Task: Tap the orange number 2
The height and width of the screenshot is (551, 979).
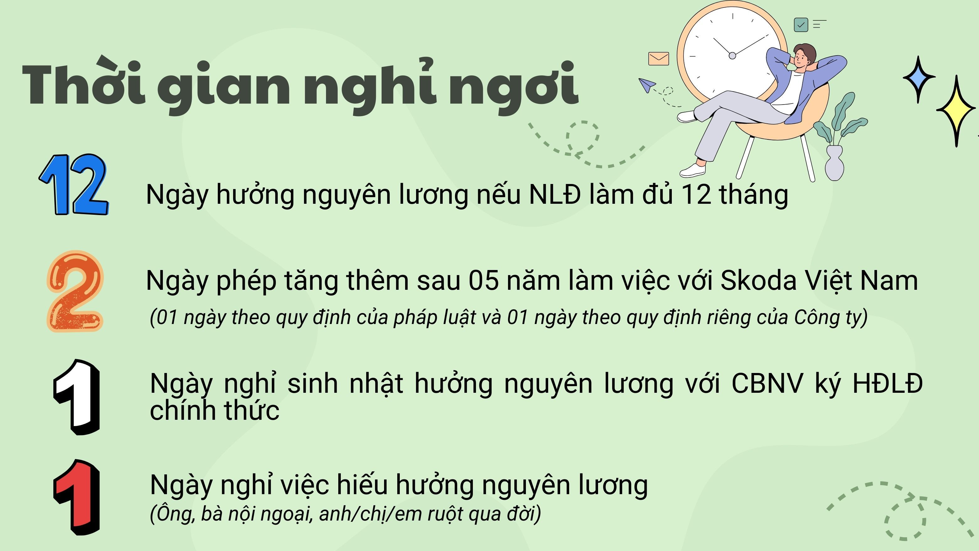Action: [75, 291]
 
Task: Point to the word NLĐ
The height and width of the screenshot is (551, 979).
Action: [555, 195]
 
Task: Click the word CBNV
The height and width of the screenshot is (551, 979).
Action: [767, 383]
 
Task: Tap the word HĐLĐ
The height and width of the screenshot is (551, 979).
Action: [888, 383]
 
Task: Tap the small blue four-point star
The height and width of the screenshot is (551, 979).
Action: [919, 79]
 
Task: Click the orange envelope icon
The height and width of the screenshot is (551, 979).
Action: [659, 59]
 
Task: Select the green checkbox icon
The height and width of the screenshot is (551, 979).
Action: [801, 25]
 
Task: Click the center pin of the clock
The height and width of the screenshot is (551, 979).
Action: [732, 56]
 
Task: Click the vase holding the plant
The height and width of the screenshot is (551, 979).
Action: [834, 163]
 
